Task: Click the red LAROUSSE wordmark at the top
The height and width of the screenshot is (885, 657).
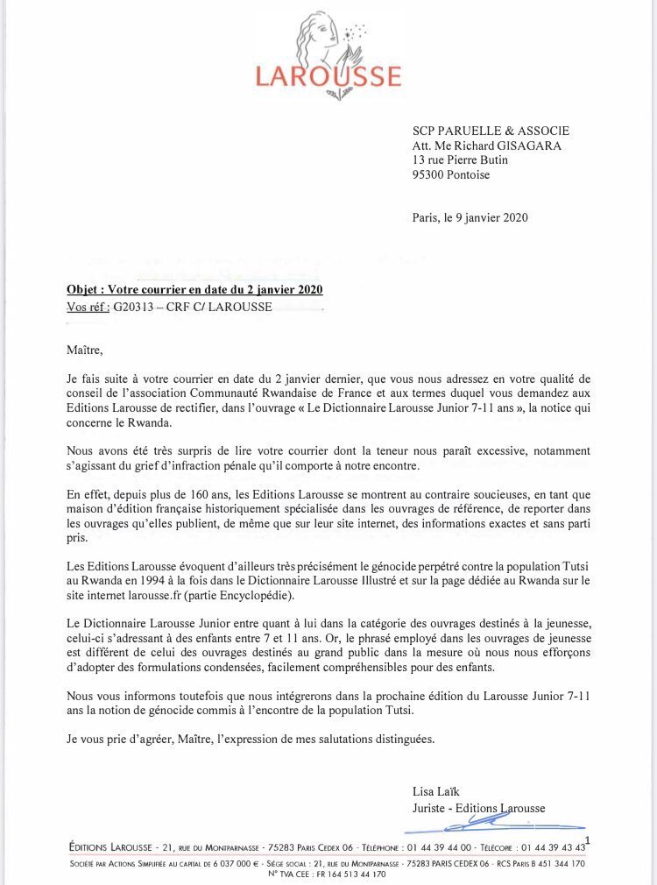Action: coord(328,75)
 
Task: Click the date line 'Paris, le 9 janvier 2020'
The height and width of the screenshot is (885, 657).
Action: coord(470,218)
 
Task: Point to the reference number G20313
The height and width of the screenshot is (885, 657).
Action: coord(132,308)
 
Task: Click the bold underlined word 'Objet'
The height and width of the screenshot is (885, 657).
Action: coord(83,290)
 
